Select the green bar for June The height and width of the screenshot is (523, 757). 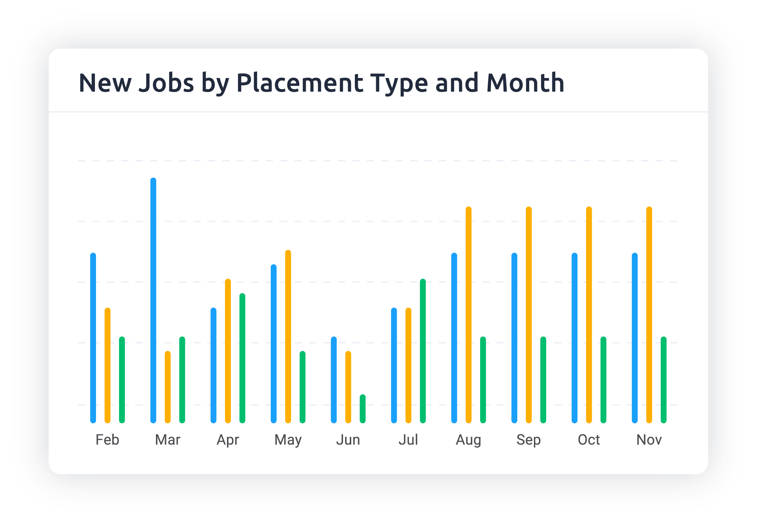[363, 409]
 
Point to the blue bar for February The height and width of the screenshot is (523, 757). [93, 338]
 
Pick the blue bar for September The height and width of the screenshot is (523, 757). [514, 338]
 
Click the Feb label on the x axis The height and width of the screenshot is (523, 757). [107, 440]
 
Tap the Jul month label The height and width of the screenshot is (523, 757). [408, 440]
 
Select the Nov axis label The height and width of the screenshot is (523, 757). [649, 440]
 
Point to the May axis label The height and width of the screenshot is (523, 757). [288, 440]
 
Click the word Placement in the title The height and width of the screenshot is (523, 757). [300, 83]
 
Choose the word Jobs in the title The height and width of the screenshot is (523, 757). [166, 83]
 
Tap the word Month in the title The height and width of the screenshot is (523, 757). [525, 83]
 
